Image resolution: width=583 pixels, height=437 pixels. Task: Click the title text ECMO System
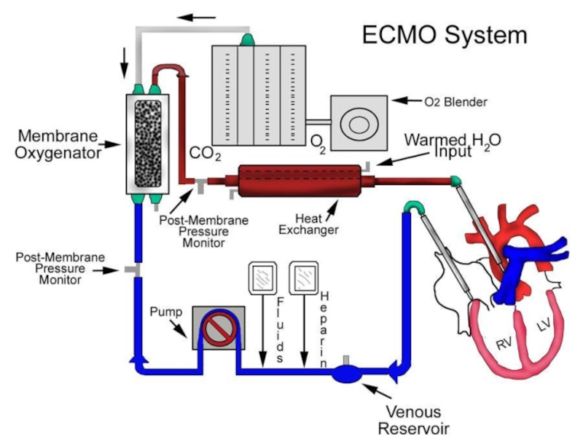point(444,34)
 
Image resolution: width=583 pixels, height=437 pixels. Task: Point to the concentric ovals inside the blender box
point(359,124)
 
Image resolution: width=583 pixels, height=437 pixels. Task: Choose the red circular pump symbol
point(216,328)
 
